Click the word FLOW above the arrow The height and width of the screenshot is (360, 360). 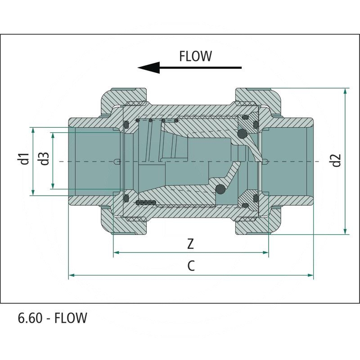(195, 56)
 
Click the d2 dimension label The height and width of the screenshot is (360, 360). (336, 161)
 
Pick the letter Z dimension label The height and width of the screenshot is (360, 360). (191, 244)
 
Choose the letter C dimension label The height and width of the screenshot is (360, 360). (191, 266)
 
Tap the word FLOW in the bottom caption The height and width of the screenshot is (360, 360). (71, 318)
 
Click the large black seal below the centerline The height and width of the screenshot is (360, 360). (220, 189)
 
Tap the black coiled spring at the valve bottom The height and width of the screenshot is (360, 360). (145, 203)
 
